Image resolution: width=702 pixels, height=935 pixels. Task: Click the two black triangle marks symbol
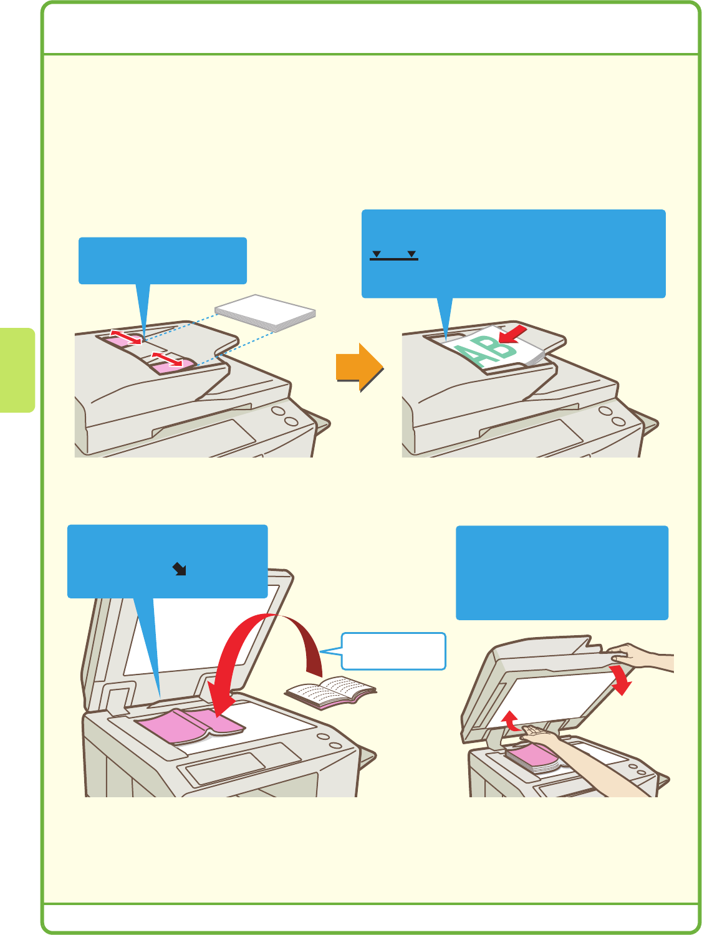(393, 255)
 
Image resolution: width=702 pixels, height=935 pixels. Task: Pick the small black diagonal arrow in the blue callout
(180, 568)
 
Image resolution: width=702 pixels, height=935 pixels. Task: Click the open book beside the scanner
(331, 691)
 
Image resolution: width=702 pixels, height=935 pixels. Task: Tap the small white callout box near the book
(393, 651)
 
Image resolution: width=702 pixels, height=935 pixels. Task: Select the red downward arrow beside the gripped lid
(622, 681)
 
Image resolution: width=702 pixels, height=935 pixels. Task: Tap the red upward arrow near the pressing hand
(512, 722)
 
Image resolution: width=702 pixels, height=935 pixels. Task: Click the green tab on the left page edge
(17, 370)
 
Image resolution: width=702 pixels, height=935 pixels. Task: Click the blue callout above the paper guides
(162, 261)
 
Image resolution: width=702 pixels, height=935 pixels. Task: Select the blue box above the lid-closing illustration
(562, 572)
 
